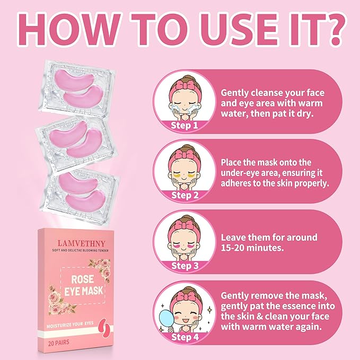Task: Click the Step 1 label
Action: click(x=184, y=125)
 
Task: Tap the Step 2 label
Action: click(x=184, y=196)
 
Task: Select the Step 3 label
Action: click(x=184, y=265)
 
